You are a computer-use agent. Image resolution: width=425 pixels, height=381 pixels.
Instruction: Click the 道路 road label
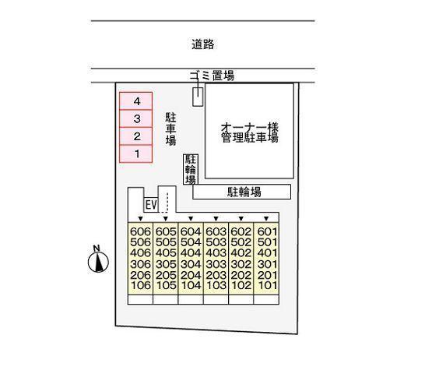click(202, 44)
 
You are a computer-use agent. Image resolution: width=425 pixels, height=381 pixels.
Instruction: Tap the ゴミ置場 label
click(212, 76)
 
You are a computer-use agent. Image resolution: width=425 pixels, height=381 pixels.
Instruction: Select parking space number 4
click(137, 101)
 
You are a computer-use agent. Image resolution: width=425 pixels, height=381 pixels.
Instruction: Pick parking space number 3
click(137, 119)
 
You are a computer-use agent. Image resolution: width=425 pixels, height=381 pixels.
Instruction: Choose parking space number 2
click(137, 137)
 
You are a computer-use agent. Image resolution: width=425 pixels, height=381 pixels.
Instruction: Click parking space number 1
click(137, 154)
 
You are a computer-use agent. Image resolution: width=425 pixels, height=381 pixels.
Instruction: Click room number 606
click(140, 231)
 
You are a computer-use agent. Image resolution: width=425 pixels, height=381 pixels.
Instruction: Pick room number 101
click(266, 285)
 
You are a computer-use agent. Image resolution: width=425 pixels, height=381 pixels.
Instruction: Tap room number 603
click(216, 231)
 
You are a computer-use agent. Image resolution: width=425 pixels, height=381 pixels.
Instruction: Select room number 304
click(191, 263)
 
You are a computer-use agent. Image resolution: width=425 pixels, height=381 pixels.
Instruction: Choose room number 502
click(241, 242)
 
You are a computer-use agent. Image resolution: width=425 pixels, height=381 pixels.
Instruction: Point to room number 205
click(165, 274)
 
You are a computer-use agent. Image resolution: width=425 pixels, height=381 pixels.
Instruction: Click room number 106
click(140, 285)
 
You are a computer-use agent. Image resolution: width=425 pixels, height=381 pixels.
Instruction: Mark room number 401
click(266, 252)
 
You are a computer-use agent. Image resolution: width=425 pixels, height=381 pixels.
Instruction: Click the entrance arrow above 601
click(266, 218)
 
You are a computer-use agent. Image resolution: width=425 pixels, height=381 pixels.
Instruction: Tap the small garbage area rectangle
click(198, 96)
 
